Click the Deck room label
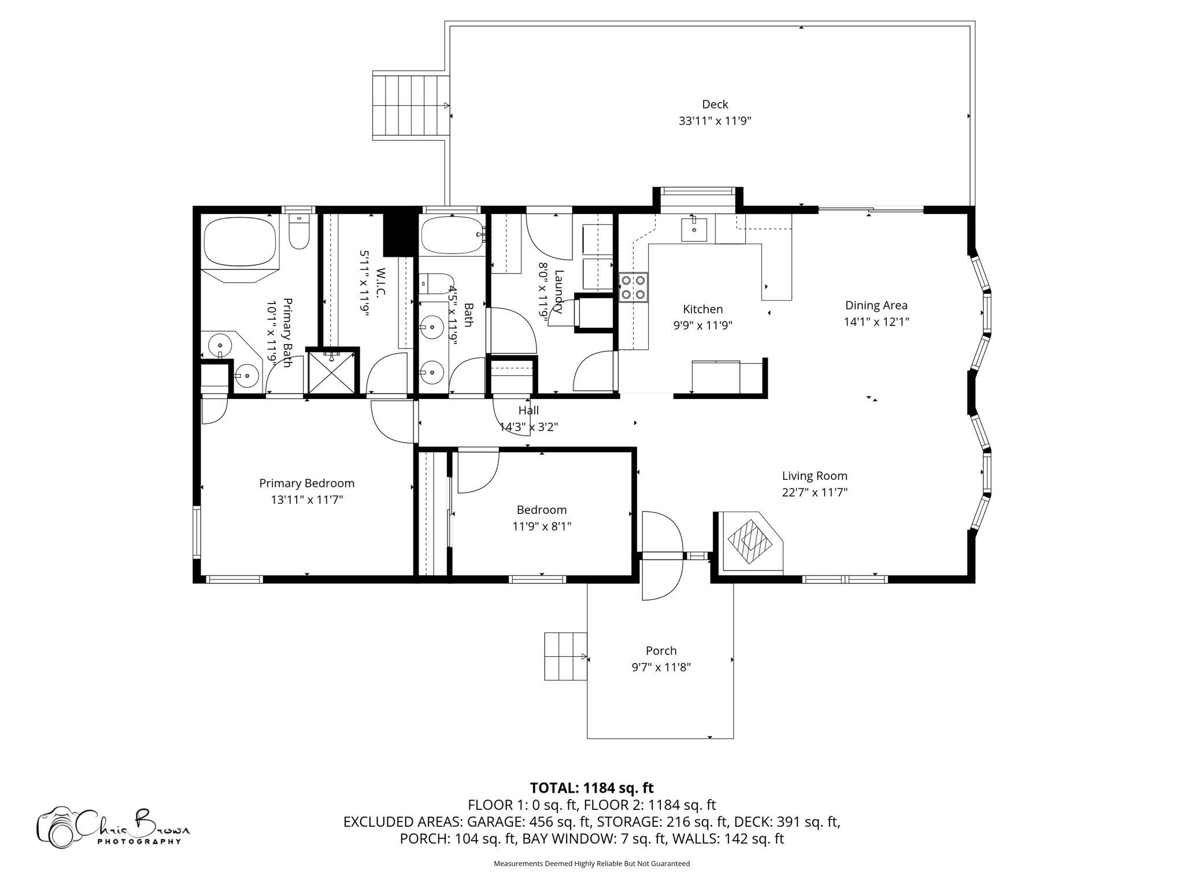[x=715, y=104]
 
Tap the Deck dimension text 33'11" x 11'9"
[x=715, y=121]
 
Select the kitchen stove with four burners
[x=633, y=287]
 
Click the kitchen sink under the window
[x=694, y=230]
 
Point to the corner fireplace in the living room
[x=750, y=542]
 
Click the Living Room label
[x=814, y=476]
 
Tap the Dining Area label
[x=876, y=305]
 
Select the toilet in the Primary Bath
[x=299, y=232]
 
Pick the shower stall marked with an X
[x=331, y=372]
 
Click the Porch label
[x=661, y=650]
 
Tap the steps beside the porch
[x=565, y=656]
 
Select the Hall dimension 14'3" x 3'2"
[x=528, y=427]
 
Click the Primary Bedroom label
[x=306, y=483]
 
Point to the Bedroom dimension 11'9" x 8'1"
[x=541, y=526]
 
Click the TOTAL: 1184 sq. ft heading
[x=591, y=788]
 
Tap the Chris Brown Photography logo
[x=113, y=827]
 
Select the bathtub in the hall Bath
[x=452, y=235]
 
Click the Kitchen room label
[x=702, y=309]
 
